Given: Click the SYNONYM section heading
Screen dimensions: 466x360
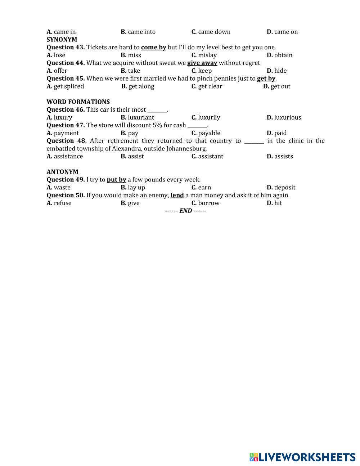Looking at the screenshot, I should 62,39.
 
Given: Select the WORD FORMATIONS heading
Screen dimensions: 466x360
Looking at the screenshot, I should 78,102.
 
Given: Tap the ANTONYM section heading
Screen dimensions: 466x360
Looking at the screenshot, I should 62,172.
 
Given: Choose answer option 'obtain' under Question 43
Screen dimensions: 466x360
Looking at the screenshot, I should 283,55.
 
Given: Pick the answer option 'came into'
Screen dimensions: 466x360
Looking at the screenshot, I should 141,32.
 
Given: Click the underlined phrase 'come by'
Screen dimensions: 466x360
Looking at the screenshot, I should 153,47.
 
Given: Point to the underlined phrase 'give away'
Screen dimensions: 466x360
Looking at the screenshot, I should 202,63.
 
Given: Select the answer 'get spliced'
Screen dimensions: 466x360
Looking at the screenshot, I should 68,86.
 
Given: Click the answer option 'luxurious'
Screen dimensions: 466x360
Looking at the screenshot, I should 287,117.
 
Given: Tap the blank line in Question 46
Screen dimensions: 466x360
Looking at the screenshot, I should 157,110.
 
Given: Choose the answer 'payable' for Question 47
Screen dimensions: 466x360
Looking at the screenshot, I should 209,133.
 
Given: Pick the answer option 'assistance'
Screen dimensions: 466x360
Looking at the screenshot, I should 68,156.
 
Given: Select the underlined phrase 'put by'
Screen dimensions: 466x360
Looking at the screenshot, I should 116,179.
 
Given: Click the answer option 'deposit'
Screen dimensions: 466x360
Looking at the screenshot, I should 284,187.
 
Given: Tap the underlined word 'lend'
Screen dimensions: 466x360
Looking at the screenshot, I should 177,195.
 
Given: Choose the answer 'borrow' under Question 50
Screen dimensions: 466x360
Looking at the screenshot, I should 208,203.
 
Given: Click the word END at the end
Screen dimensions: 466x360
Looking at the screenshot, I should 185,211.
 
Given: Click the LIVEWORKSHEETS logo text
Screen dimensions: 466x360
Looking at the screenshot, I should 307,457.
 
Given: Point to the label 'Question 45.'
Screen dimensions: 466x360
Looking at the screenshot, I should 66,78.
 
